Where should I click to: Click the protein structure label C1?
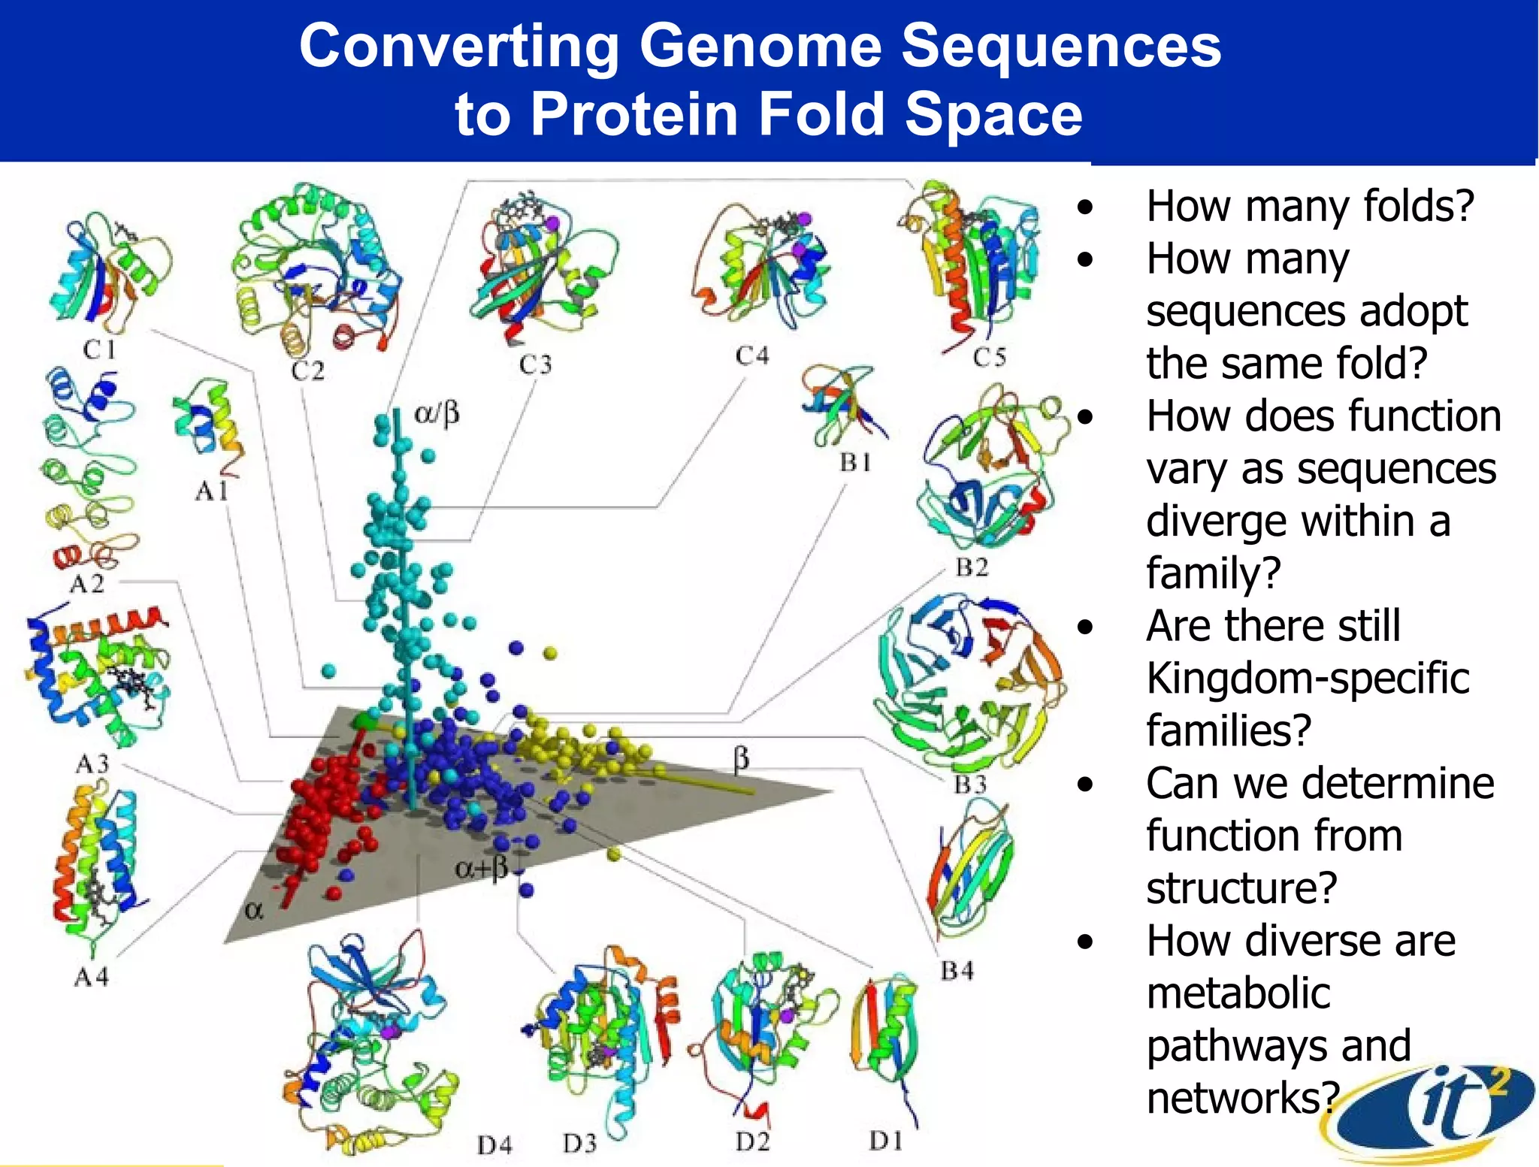tap(99, 349)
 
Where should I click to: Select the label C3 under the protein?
tap(535, 364)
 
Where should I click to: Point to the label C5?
tap(989, 357)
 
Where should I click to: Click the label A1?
tap(211, 491)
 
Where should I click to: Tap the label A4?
tap(91, 977)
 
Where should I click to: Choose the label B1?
tap(856, 462)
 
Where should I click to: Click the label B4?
tap(957, 971)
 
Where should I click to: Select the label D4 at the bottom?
tap(494, 1145)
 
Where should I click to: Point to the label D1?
tap(885, 1141)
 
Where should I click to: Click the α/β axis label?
tap(437, 413)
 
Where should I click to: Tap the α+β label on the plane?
tap(482, 869)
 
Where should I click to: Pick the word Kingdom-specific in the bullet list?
tap(1307, 678)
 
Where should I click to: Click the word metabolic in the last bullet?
tap(1238, 993)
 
